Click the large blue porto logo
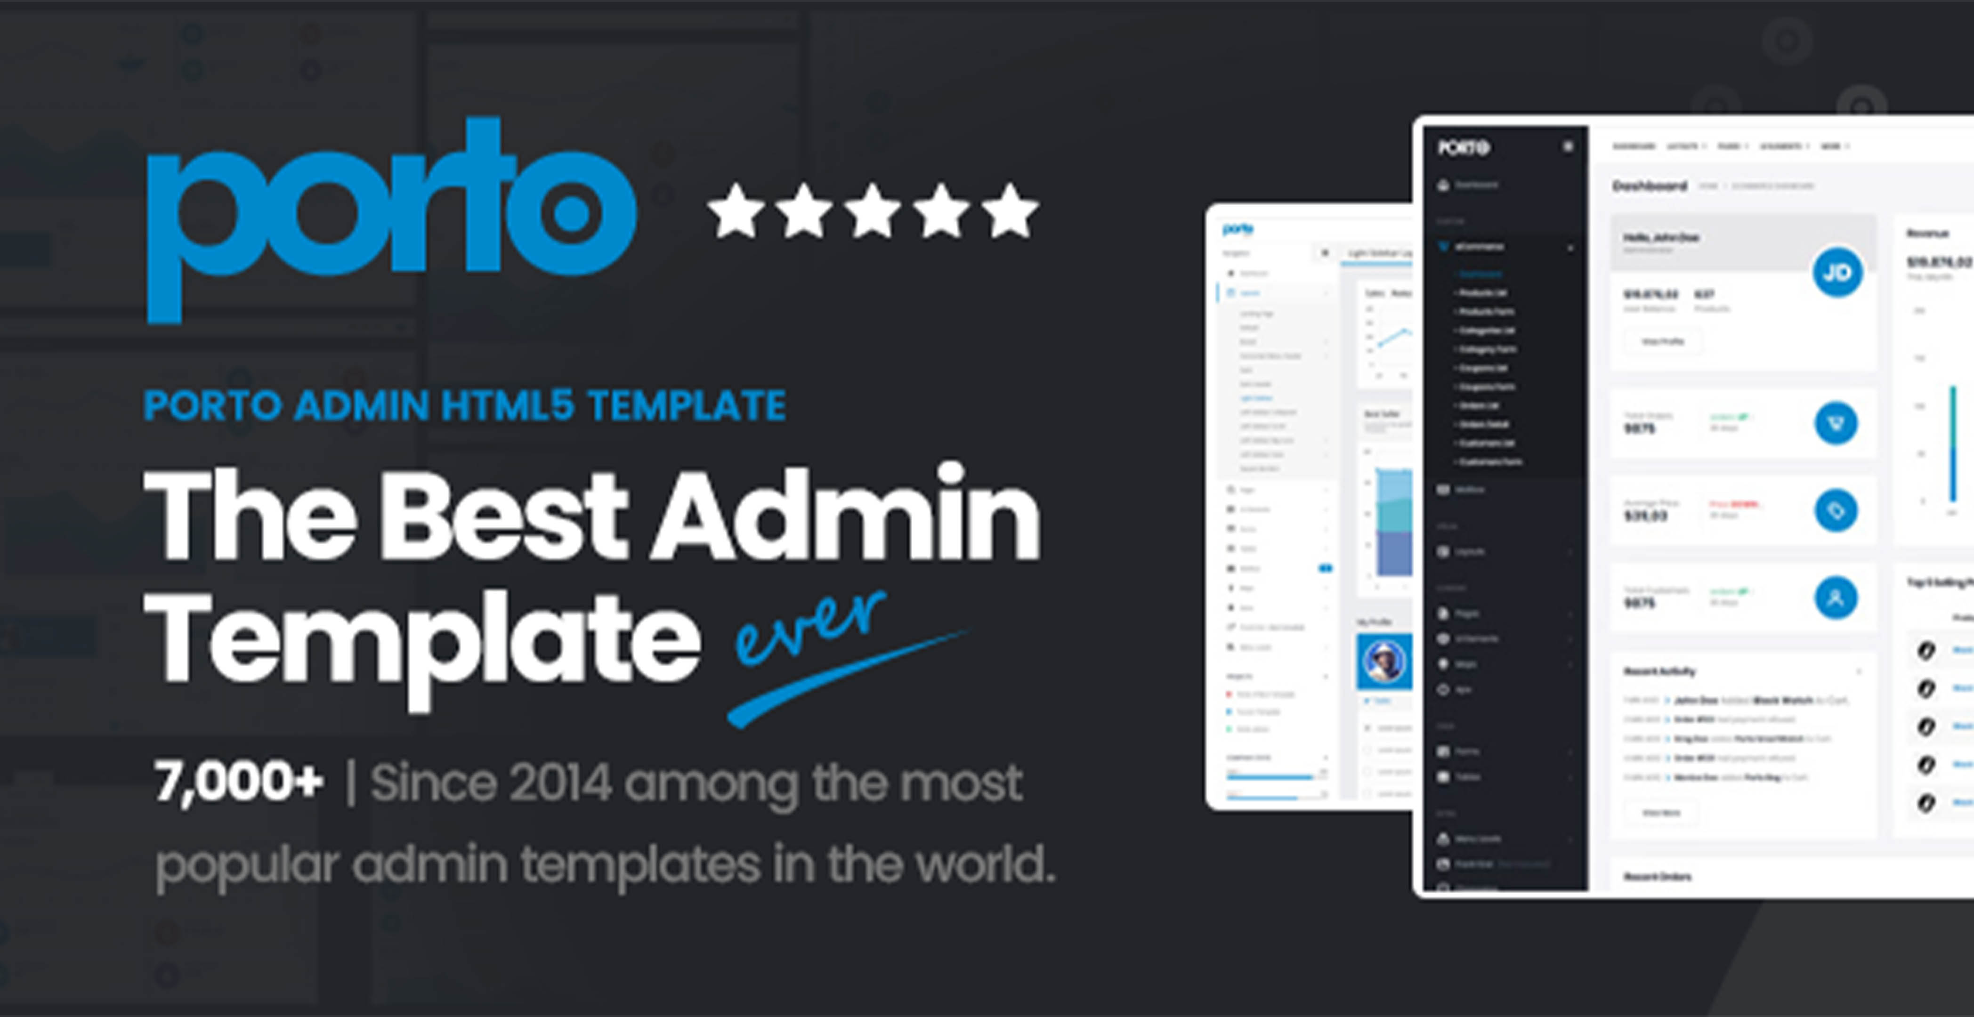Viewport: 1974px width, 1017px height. [x=391, y=218]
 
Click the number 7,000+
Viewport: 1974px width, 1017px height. [x=238, y=783]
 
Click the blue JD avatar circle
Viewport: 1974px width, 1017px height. [x=1837, y=272]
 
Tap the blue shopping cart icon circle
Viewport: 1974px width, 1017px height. [x=1836, y=423]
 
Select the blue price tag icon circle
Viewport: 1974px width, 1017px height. [x=1836, y=510]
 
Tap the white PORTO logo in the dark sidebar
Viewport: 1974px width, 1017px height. [x=1463, y=147]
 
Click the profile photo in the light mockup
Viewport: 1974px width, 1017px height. [x=1385, y=661]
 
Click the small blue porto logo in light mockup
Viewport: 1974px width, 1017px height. [x=1238, y=228]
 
